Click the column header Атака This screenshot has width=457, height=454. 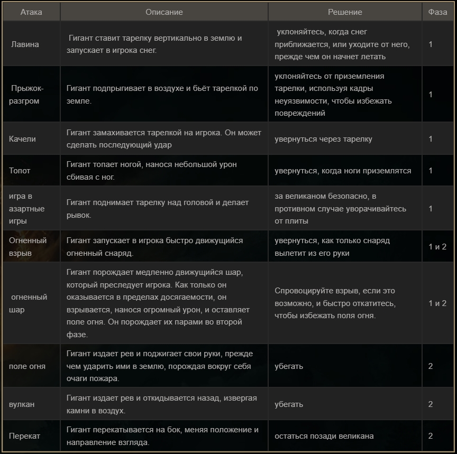tap(31, 12)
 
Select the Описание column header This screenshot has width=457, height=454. tap(164, 12)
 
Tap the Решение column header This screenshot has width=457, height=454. tap(345, 12)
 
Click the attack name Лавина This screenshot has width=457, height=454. tap(25, 44)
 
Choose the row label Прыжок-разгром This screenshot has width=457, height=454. tap(26, 95)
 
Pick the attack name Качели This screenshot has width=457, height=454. tap(22, 139)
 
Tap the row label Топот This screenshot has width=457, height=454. tap(20, 171)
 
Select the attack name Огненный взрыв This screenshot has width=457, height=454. tap(28, 247)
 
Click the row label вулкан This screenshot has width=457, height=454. tap(22, 404)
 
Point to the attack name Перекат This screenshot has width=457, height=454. tap(24, 436)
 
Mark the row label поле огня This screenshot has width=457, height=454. tap(27, 366)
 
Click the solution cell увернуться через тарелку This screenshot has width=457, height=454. tap(323, 139)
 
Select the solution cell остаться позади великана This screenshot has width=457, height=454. tap(324, 436)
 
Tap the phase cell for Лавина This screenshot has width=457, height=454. tap(431, 44)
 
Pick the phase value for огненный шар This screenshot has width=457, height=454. tap(437, 303)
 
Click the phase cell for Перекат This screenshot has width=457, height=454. tap(431, 436)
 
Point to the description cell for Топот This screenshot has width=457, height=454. tap(152, 171)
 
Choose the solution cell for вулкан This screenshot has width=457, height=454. tap(289, 404)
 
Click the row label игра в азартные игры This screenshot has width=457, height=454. tap(27, 209)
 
